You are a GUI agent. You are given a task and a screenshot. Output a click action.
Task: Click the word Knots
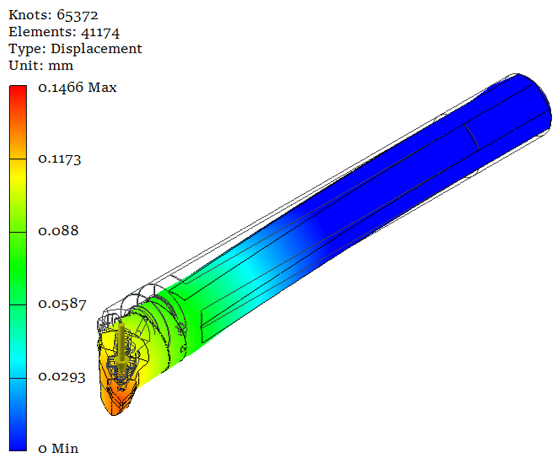[x=30, y=15]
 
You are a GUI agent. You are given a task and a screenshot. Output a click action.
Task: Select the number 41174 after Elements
[x=100, y=32]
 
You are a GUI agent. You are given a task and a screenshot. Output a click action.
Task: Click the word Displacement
[x=96, y=49]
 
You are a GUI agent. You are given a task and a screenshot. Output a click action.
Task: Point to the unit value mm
[x=61, y=66]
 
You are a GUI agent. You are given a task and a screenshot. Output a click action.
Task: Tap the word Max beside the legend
[x=102, y=88]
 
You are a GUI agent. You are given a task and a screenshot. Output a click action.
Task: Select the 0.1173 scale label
[x=60, y=159]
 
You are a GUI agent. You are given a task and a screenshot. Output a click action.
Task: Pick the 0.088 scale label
[x=58, y=231]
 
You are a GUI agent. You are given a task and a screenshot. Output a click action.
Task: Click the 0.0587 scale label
[x=62, y=304]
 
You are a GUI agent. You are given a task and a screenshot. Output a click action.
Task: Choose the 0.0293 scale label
[x=62, y=377]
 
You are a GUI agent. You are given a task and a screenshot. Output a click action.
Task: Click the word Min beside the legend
[x=65, y=449]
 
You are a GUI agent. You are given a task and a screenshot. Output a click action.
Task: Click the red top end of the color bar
[x=18, y=90]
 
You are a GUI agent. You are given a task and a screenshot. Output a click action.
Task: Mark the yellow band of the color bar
[x=18, y=175]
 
